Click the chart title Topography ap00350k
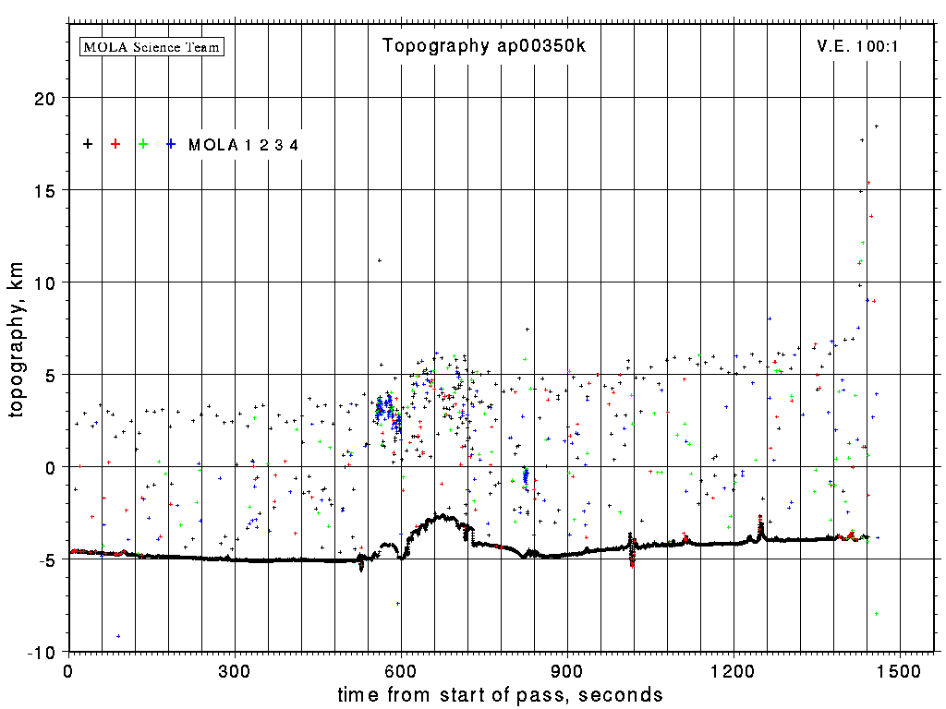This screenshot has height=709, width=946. click(x=484, y=46)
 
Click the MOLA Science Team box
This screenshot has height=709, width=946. click(x=152, y=46)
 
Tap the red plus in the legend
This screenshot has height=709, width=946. click(x=115, y=144)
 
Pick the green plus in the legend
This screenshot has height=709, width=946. click(x=143, y=144)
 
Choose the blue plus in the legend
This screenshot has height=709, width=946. click(x=171, y=144)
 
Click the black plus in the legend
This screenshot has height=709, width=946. click(x=88, y=144)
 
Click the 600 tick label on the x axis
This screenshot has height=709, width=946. click(x=401, y=670)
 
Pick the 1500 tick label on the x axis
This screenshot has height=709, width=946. click(x=901, y=670)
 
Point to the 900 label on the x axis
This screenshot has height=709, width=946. click(x=567, y=670)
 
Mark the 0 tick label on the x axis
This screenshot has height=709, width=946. click(x=68, y=670)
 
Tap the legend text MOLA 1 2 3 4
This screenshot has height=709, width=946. click(x=243, y=145)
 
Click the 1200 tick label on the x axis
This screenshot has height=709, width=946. click(x=734, y=670)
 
